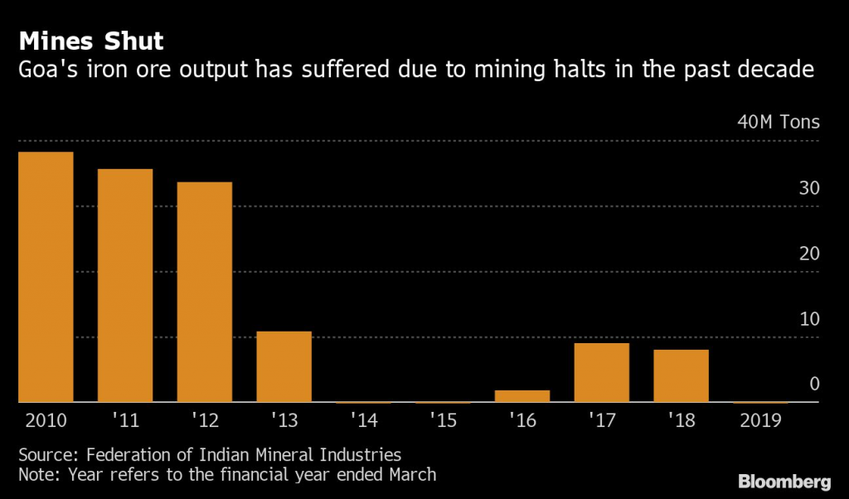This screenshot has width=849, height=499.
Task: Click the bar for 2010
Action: pyautogui.click(x=46, y=277)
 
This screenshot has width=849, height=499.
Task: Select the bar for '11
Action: pyautogui.click(x=125, y=285)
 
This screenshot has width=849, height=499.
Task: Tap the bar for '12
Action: pyautogui.click(x=205, y=292)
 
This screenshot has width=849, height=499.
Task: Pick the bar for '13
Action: pyautogui.click(x=284, y=366)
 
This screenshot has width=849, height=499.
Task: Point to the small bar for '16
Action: pyautogui.click(x=522, y=396)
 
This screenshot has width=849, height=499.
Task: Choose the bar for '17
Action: pyautogui.click(x=602, y=372)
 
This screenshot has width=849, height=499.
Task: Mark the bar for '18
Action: pyautogui.click(x=682, y=375)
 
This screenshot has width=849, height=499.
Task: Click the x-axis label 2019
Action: pyautogui.click(x=761, y=420)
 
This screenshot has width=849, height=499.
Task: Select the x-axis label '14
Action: pyautogui.click(x=364, y=420)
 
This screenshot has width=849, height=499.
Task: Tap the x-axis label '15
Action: pyautogui.click(x=444, y=420)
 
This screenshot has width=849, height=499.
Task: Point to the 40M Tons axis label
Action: pyautogui.click(x=779, y=123)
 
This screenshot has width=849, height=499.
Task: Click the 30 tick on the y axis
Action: pyautogui.click(x=809, y=188)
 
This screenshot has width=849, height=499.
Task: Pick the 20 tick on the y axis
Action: pyautogui.click(x=809, y=254)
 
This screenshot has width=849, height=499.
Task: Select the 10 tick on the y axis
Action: pyautogui.click(x=809, y=319)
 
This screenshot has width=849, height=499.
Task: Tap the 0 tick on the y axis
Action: pyautogui.click(x=814, y=385)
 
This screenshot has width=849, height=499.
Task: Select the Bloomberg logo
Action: pyautogui.click(x=785, y=481)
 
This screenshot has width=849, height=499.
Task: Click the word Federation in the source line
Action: pyautogui.click(x=127, y=455)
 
